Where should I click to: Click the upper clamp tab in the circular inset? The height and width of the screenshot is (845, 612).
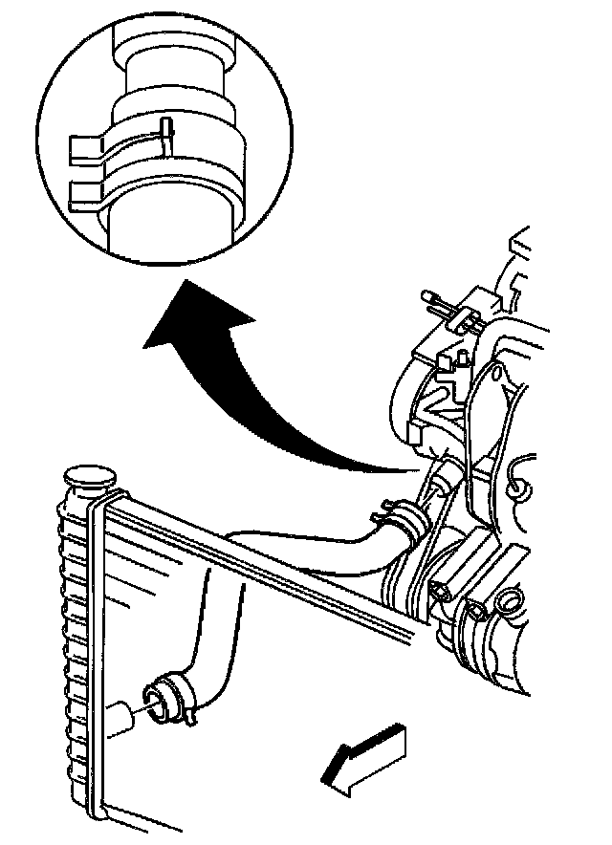click(x=88, y=146)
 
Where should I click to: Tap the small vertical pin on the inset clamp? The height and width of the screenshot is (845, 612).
click(x=166, y=134)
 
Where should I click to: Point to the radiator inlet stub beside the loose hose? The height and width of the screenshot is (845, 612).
click(x=122, y=720)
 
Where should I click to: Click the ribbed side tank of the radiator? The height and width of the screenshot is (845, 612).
click(x=76, y=650)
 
